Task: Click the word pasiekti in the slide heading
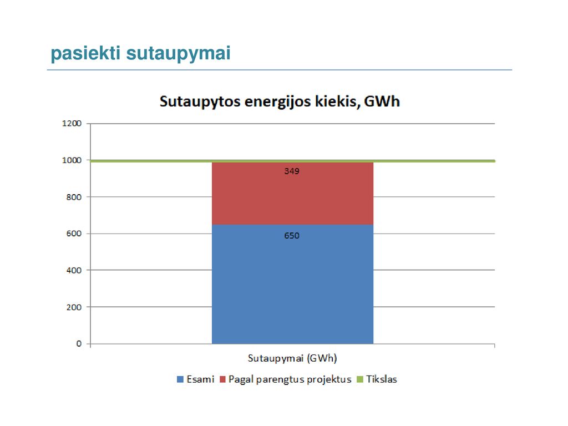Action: pos(85,53)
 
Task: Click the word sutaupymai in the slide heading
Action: pos(178,54)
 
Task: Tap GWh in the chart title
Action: pos(382,102)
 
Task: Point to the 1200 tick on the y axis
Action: pos(72,124)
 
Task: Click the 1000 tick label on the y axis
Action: pos(72,160)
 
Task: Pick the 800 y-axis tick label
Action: pos(74,197)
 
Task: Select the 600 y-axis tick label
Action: pos(74,234)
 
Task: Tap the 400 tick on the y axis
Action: pos(74,270)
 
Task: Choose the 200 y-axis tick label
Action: pos(74,307)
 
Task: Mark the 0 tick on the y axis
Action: pos(79,344)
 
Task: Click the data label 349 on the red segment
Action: pos(292,171)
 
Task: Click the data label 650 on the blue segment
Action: pos(292,236)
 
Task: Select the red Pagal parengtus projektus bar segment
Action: pos(293,194)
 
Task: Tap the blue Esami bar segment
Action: pos(293,284)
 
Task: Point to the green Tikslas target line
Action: pos(293,161)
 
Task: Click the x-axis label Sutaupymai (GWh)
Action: pos(292,359)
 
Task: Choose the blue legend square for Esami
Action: pos(180,379)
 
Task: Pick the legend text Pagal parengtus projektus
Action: pos(290,379)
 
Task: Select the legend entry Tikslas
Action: pos(377,379)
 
